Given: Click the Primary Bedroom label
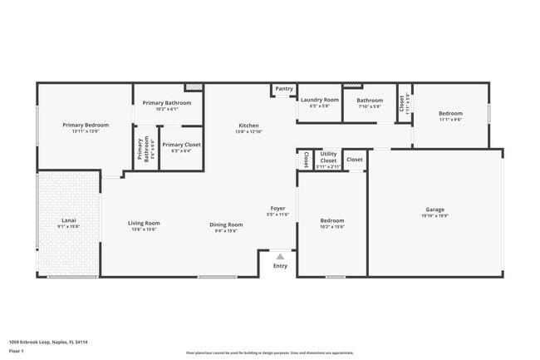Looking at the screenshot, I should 86,126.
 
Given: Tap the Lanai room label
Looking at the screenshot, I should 68,220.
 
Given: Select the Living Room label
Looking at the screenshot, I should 144,223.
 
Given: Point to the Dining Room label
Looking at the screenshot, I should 225,224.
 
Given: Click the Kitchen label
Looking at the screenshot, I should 248,126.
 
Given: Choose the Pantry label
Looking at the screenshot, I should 284,88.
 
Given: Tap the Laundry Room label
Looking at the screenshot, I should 320,100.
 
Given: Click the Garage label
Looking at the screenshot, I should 434,210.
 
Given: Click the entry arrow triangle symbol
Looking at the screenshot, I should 280,257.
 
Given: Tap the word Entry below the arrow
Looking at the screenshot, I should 280,266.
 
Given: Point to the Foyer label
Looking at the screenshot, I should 277,208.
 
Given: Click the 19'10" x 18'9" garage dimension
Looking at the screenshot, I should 434,215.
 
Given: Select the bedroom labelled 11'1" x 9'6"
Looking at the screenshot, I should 450,116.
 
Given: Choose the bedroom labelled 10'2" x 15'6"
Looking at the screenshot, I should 331,223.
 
